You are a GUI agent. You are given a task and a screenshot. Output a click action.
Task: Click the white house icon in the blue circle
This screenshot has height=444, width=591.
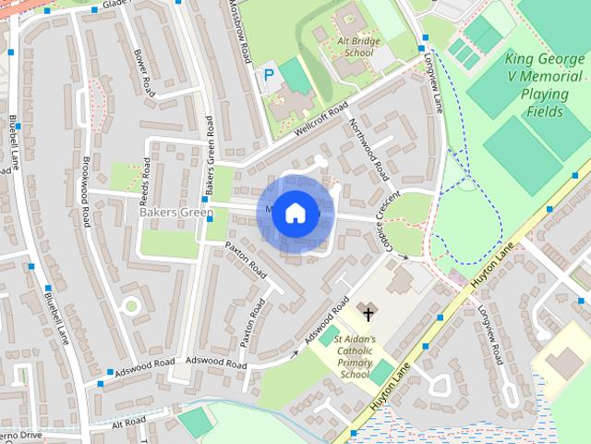pos(295,214)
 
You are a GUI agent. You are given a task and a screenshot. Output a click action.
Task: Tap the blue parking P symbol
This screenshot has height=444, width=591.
pos(270,74)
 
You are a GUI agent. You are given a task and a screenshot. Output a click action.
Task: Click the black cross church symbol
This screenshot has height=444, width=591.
pos(368,314)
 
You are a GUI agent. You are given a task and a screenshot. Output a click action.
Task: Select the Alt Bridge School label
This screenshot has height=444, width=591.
pos(355,47)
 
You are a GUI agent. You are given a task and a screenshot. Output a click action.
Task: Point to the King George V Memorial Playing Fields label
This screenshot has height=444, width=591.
pos(546,85)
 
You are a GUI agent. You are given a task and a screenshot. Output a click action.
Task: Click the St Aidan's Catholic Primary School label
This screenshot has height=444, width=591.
pos(355,357)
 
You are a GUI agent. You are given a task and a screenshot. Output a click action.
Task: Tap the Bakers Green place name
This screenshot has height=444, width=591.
pos(175,213)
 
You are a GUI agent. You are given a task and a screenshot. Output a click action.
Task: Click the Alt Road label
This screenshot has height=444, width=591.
pos(128,422)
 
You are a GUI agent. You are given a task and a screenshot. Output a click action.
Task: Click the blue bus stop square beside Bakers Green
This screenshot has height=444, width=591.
pos(205,199)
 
